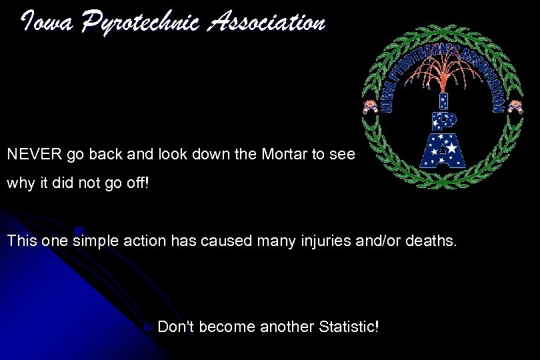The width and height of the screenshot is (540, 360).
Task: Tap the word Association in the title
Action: (x=267, y=23)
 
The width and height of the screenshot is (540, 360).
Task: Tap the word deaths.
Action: (x=430, y=241)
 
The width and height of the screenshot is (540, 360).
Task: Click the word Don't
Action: (x=177, y=327)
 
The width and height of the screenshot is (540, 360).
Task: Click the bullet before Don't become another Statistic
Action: (x=149, y=327)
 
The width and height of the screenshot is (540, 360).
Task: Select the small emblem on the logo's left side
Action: (x=369, y=106)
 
